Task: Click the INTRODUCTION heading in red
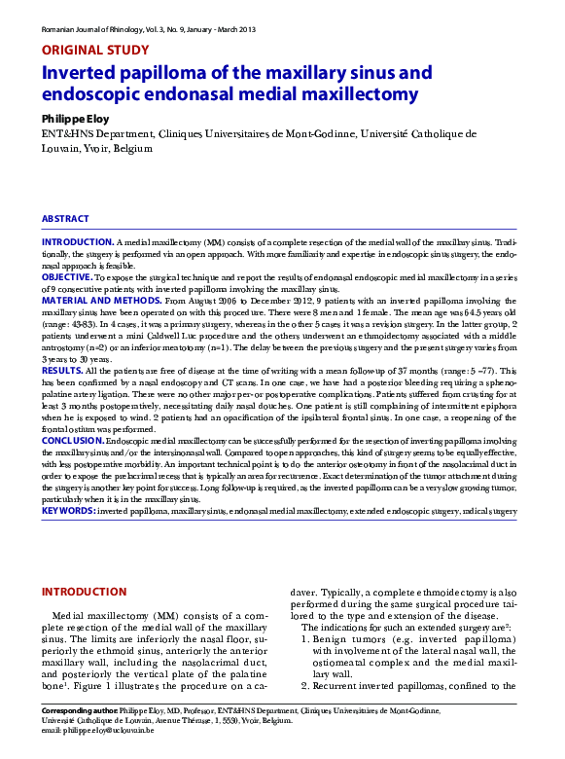click(86, 591)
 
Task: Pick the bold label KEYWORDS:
click(68, 510)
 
